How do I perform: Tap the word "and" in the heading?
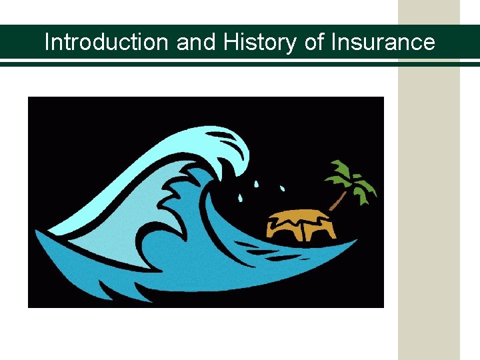click(197, 43)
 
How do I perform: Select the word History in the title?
click(261, 43)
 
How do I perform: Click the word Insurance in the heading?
click(383, 43)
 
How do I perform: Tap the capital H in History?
click(231, 43)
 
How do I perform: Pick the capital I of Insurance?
click(334, 43)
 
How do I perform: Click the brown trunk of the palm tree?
click(339, 198)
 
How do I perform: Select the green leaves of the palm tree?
click(349, 176)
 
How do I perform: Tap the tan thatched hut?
click(301, 224)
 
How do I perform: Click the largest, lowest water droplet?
click(240, 197)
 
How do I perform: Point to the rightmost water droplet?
click(282, 186)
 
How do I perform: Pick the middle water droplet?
click(257, 183)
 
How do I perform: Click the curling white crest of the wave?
click(220, 143)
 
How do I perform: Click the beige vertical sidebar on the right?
click(429, 200)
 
